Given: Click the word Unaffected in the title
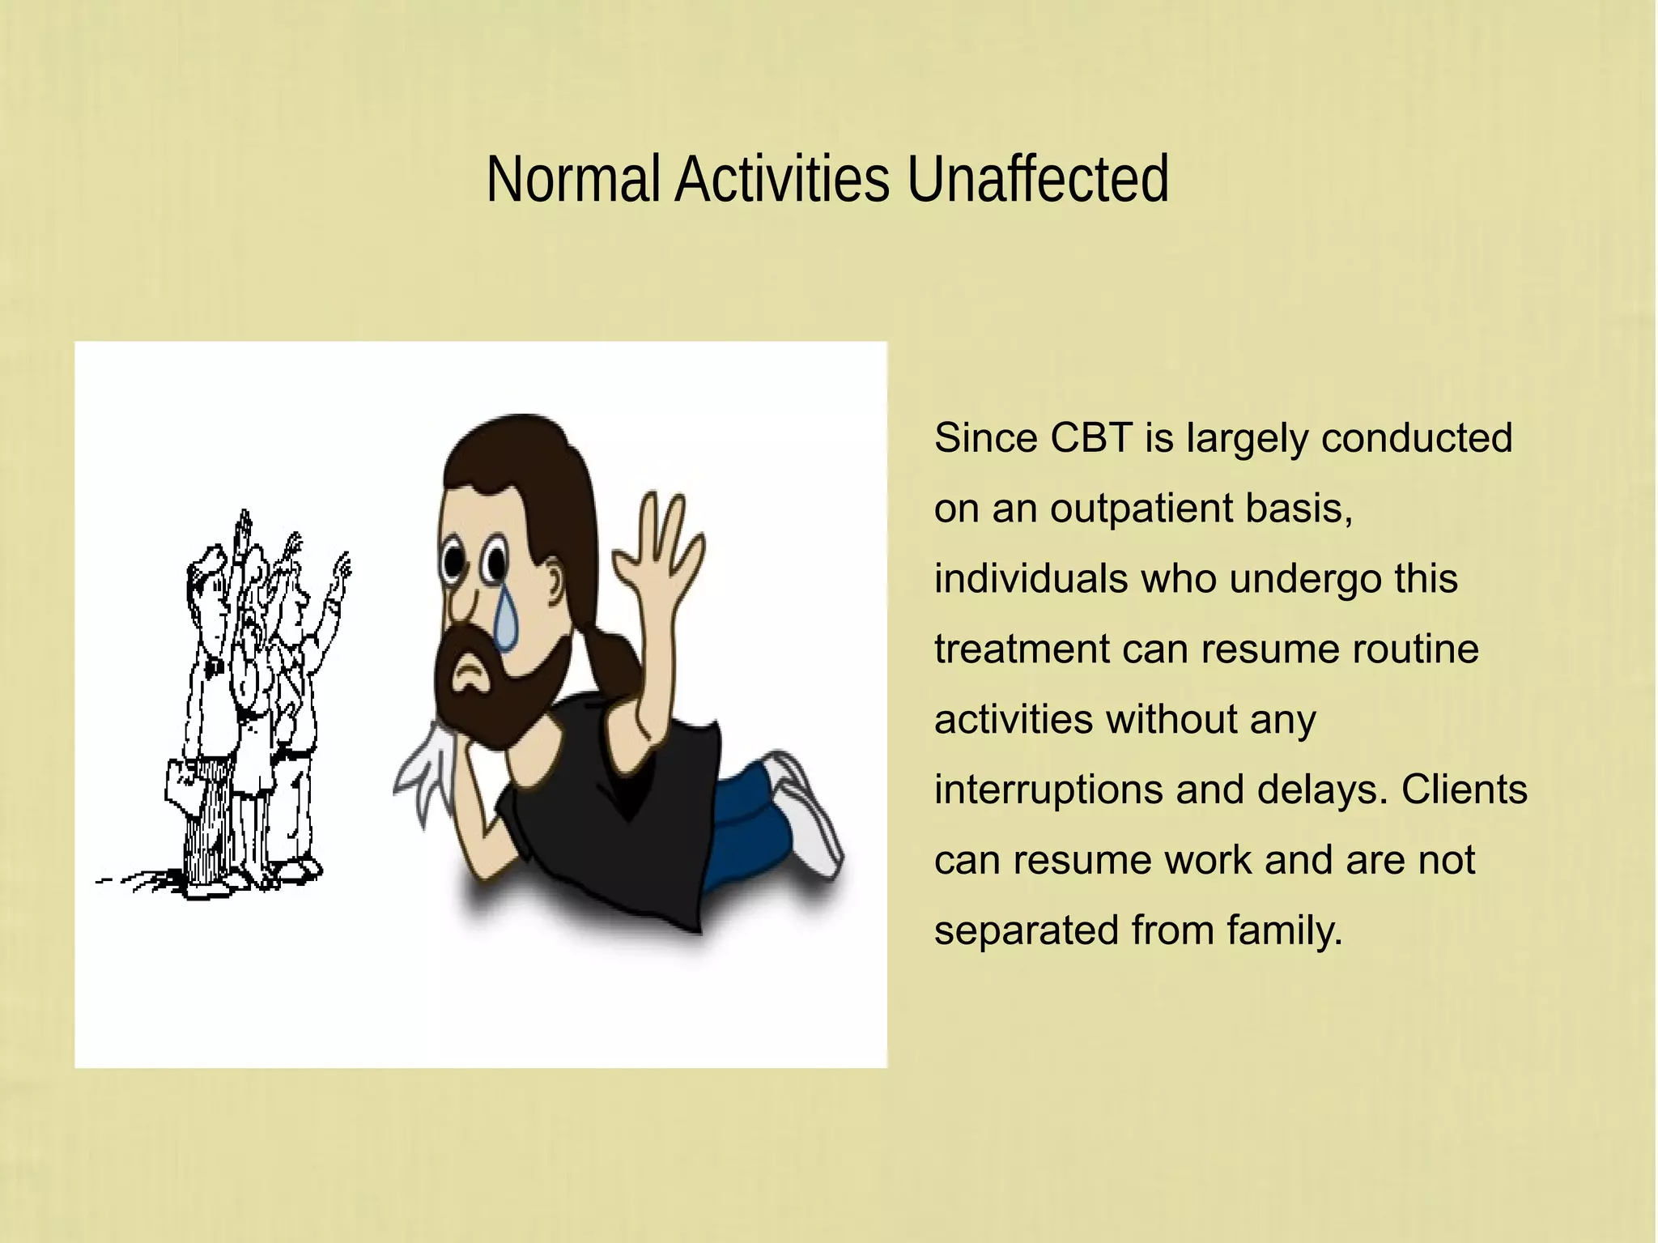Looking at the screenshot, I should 1037,179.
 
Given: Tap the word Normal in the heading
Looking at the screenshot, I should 573,179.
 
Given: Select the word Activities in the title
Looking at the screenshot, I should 782,179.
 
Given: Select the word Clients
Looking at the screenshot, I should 1464,790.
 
